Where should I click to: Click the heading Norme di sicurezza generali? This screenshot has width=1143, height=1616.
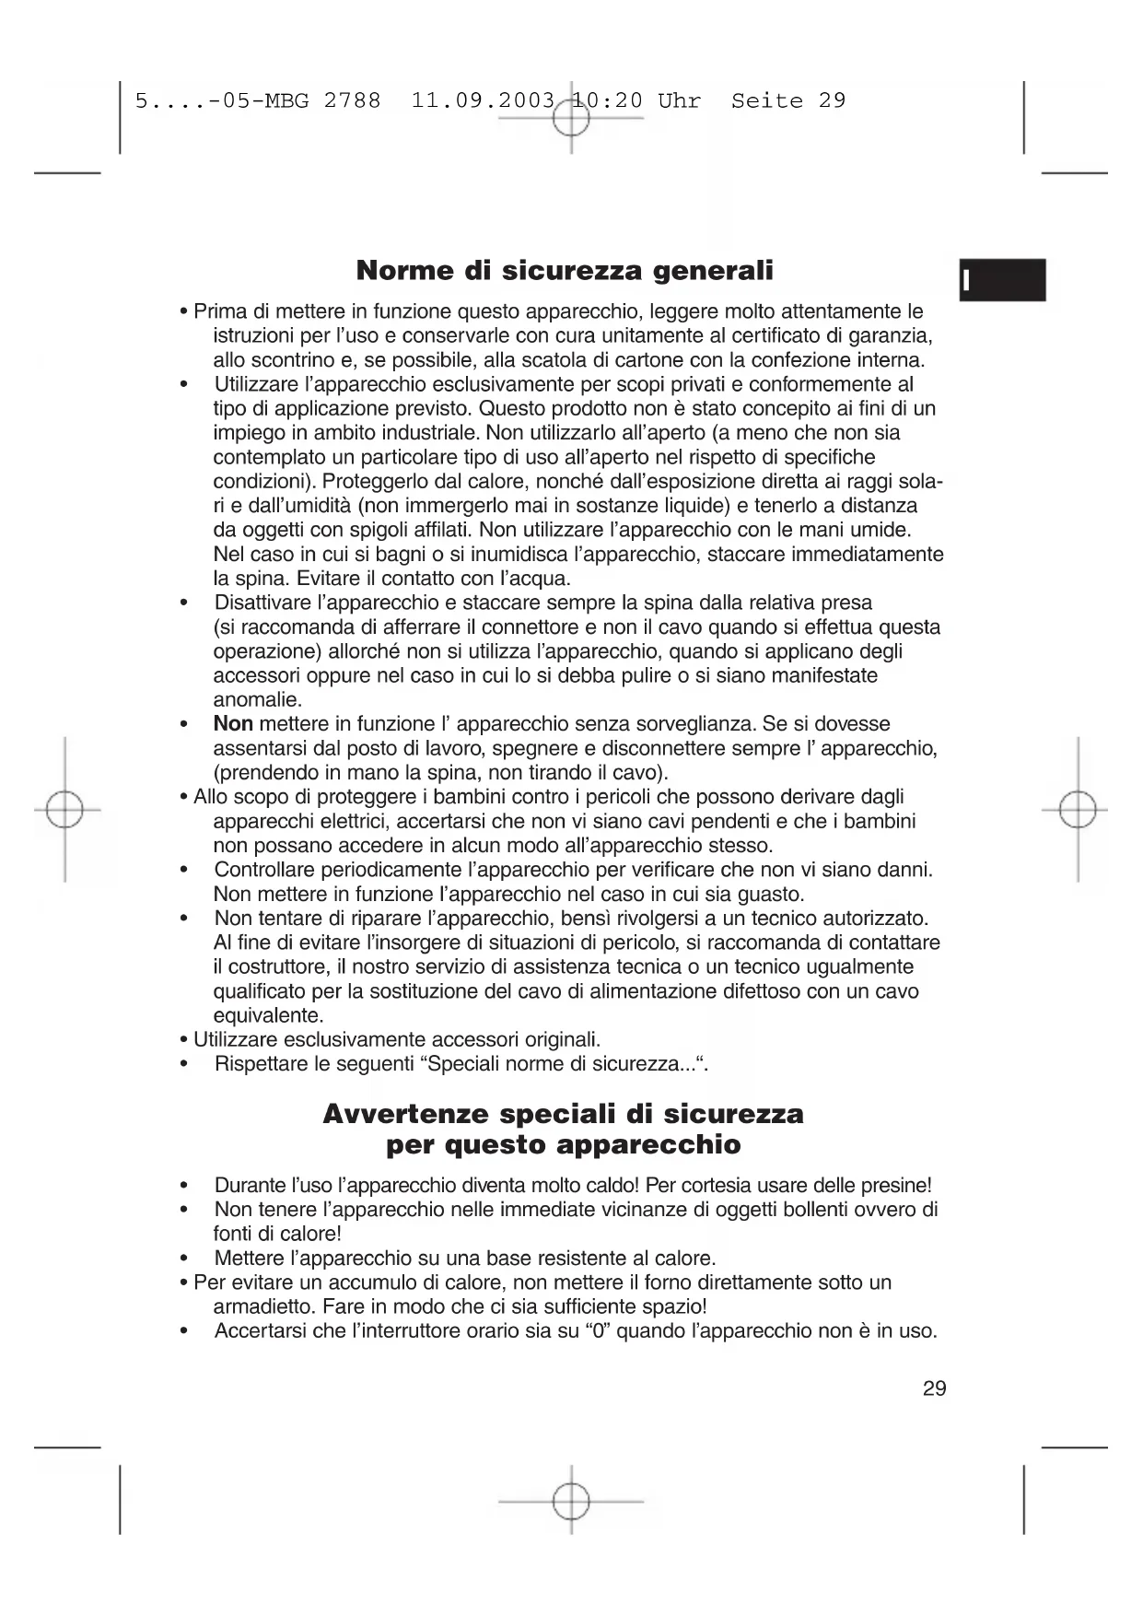click(x=565, y=271)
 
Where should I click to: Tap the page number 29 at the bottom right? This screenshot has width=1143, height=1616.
click(x=934, y=1388)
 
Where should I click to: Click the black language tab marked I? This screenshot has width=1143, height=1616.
click(x=1002, y=280)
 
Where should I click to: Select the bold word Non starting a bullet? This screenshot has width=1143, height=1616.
click(x=233, y=724)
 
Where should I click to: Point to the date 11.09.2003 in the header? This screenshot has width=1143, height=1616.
click(x=484, y=100)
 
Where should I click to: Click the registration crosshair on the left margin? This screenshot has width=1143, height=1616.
click(x=64, y=810)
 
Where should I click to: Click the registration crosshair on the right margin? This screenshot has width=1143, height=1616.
click(x=1077, y=810)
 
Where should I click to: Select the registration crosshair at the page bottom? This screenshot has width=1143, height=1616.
click(x=571, y=1501)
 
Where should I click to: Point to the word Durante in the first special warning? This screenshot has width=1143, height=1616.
click(x=249, y=1186)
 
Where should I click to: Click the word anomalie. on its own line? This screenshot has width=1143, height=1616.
click(x=258, y=700)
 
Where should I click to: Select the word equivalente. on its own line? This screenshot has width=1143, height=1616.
click(x=268, y=1016)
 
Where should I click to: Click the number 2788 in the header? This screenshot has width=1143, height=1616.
click(x=352, y=100)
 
